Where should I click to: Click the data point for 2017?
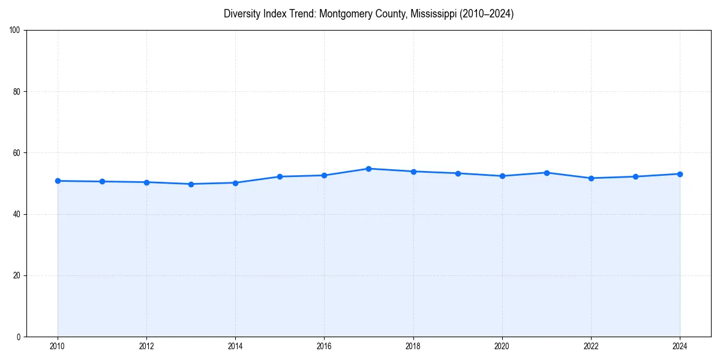(x=368, y=169)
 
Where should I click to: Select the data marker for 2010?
(x=58, y=181)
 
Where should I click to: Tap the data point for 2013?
(x=191, y=184)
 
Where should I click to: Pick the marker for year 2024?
(x=680, y=174)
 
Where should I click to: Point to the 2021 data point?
(x=547, y=173)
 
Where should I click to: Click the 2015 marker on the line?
(x=280, y=176)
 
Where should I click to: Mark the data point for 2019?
(x=458, y=173)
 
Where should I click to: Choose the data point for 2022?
(x=591, y=178)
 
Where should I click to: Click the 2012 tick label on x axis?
(x=146, y=346)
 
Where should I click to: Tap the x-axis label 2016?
(x=324, y=346)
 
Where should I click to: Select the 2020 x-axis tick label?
(x=502, y=346)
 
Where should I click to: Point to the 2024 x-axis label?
(x=680, y=346)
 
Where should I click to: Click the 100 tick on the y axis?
(x=16, y=31)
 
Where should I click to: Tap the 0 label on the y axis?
(x=19, y=337)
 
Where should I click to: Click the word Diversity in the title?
(x=241, y=14)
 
